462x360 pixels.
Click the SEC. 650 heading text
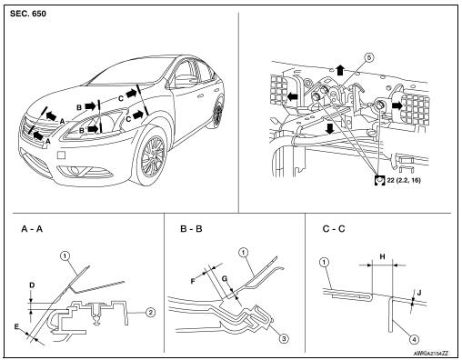[x=28, y=14]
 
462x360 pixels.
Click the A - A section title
[x=32, y=229]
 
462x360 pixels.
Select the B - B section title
[x=191, y=229]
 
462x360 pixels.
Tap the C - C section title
[x=334, y=229]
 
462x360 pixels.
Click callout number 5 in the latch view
[x=369, y=57]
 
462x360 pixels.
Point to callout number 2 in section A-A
[x=150, y=312]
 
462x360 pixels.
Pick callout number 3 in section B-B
[x=284, y=338]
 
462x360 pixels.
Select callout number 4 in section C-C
[x=414, y=339]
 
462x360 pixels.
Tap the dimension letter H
[x=383, y=257]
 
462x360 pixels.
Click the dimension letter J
[x=419, y=293]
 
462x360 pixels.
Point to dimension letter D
[x=32, y=285]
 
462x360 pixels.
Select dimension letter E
[x=16, y=326]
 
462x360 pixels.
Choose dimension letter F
[x=193, y=282]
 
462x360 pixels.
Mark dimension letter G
[x=225, y=279]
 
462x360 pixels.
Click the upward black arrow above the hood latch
[x=340, y=70]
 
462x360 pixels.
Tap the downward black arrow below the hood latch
[x=329, y=128]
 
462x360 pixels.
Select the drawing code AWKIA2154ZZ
[x=431, y=354]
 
